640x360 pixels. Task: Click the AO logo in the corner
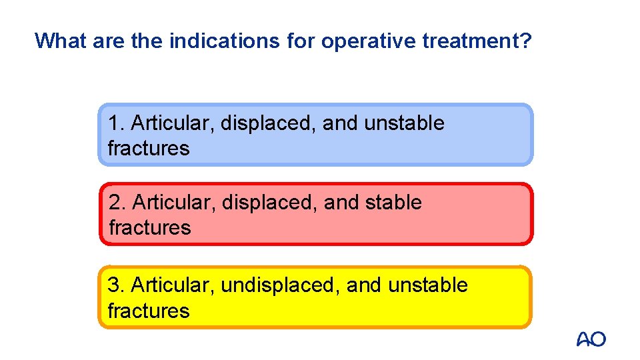click(x=591, y=339)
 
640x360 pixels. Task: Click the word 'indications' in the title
click(x=225, y=41)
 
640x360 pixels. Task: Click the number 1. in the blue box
click(x=117, y=123)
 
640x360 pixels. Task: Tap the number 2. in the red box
click(x=117, y=202)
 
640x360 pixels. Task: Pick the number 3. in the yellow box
click(x=117, y=285)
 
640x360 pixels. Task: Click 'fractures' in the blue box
click(x=148, y=148)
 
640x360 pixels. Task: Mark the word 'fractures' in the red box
click(x=149, y=227)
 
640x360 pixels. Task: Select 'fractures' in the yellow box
click(x=148, y=311)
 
